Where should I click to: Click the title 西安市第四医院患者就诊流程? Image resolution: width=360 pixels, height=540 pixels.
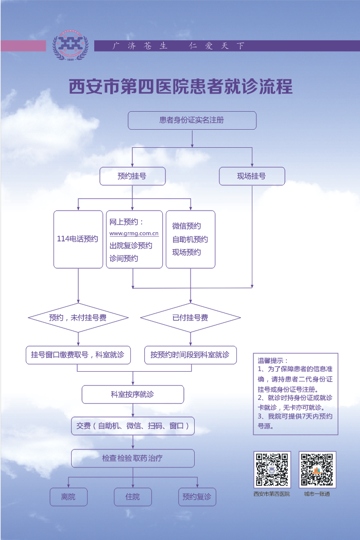click(x=181, y=86)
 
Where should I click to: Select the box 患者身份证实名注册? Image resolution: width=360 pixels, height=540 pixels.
click(x=192, y=120)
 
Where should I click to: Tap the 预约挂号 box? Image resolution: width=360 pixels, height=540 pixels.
click(x=132, y=176)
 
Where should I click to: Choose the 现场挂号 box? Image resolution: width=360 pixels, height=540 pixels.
click(x=252, y=176)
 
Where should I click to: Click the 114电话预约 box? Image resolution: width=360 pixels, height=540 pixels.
click(x=78, y=239)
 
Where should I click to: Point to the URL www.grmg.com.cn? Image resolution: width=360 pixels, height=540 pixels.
click(x=134, y=233)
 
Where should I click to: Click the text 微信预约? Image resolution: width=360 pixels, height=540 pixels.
click(x=186, y=226)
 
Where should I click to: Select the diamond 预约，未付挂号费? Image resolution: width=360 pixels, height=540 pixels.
click(x=78, y=318)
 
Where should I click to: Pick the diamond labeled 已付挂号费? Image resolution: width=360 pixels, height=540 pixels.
click(x=191, y=318)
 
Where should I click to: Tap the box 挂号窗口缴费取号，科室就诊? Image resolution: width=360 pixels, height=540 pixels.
click(x=78, y=355)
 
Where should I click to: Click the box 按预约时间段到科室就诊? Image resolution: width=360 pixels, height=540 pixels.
click(x=190, y=355)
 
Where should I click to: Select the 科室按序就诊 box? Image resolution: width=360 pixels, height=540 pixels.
click(x=132, y=394)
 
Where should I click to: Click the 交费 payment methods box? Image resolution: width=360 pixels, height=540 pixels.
click(x=132, y=426)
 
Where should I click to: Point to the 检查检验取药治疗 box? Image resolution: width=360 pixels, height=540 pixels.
click(x=132, y=458)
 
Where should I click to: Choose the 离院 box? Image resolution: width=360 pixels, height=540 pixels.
click(x=68, y=497)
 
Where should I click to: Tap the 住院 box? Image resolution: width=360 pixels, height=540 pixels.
click(x=132, y=497)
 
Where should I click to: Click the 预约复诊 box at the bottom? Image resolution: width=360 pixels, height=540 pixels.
click(x=197, y=497)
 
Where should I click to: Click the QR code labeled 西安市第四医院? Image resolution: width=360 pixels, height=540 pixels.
click(x=272, y=469)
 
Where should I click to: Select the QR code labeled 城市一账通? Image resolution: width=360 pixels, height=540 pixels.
click(x=317, y=469)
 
